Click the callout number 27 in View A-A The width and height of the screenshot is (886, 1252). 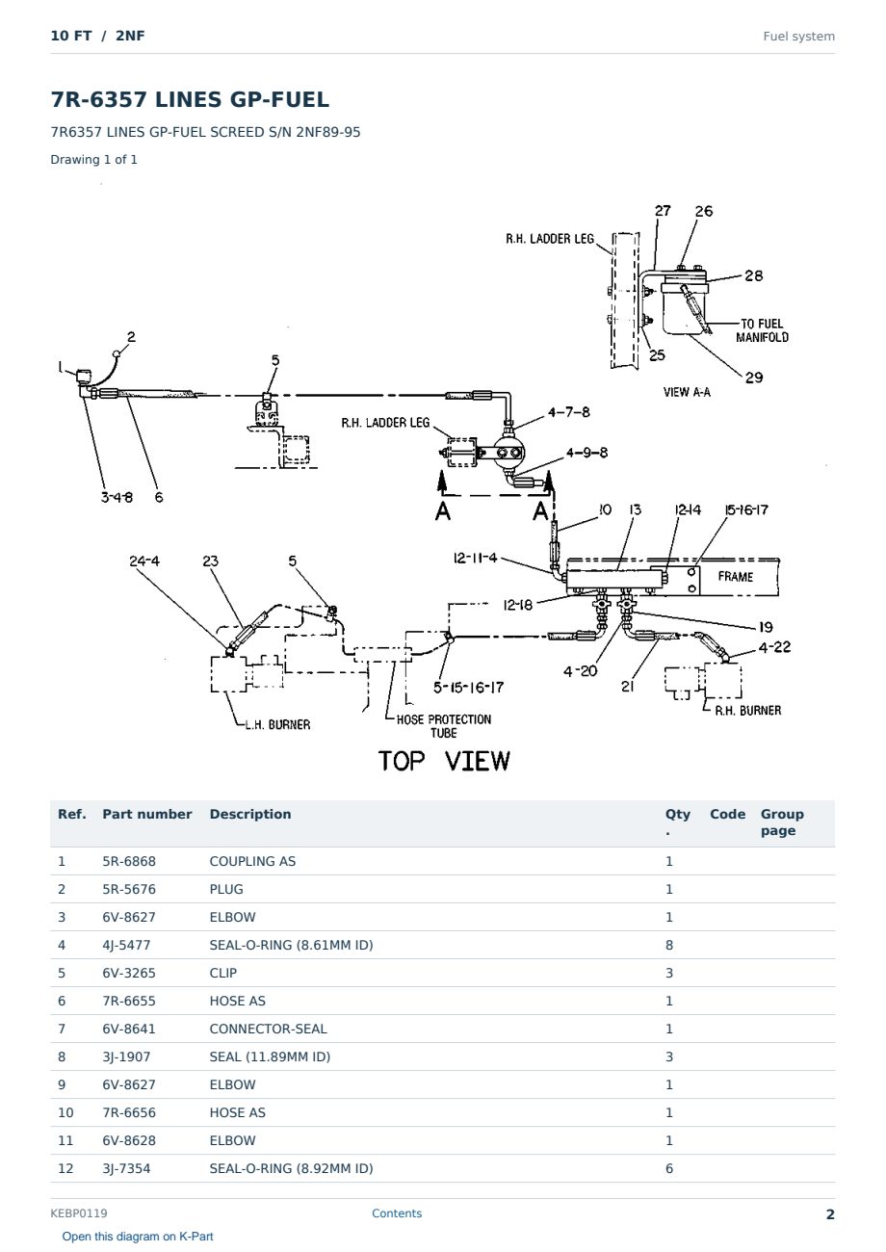click(x=663, y=211)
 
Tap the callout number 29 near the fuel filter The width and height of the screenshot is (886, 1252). click(x=754, y=378)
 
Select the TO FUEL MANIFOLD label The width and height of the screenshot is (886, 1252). click(x=762, y=330)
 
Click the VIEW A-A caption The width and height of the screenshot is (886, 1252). click(x=687, y=392)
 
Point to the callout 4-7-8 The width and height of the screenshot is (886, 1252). click(x=568, y=412)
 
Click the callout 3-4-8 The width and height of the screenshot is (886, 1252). click(x=117, y=497)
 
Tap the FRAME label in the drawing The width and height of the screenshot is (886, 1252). click(x=735, y=576)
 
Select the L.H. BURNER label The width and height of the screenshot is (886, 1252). click(x=277, y=724)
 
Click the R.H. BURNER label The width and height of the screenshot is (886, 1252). click(x=748, y=711)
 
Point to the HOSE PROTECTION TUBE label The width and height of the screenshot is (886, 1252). click(x=444, y=726)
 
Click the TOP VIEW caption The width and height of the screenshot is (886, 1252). click(x=444, y=761)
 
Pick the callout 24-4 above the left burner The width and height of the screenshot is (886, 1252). click(x=144, y=561)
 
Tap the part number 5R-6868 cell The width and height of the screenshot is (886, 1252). click(x=129, y=861)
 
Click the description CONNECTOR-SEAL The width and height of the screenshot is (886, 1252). click(x=269, y=1029)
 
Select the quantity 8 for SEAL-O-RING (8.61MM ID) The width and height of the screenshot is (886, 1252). click(x=669, y=945)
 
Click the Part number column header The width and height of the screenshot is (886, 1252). click(x=147, y=815)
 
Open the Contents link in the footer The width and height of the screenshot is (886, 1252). click(x=397, y=1213)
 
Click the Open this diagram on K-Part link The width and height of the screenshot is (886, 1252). click(x=138, y=1237)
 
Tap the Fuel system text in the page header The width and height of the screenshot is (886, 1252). click(x=798, y=37)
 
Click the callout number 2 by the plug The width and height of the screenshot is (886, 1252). click(x=131, y=336)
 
